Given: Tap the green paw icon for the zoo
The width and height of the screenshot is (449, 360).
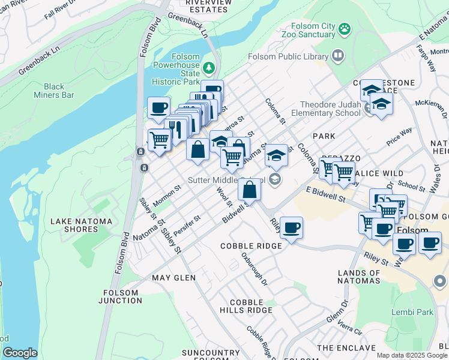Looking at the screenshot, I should pos(344,28).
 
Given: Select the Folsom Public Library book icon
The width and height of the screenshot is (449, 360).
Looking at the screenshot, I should pos(339,56).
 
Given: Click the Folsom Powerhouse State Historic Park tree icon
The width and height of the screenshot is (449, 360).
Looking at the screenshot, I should pos(209,67).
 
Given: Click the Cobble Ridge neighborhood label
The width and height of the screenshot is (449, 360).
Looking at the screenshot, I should pos(251,246).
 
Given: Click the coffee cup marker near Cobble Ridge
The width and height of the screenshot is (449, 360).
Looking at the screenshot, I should pos(291,228).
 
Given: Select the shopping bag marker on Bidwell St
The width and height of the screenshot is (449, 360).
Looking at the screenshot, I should pos(249,190).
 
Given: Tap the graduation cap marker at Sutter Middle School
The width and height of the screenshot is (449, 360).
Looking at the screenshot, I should pos(276,157).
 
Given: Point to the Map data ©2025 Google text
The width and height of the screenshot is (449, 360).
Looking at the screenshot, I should pos(411,355).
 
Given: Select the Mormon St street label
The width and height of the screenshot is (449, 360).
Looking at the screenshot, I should pos(167,194).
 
